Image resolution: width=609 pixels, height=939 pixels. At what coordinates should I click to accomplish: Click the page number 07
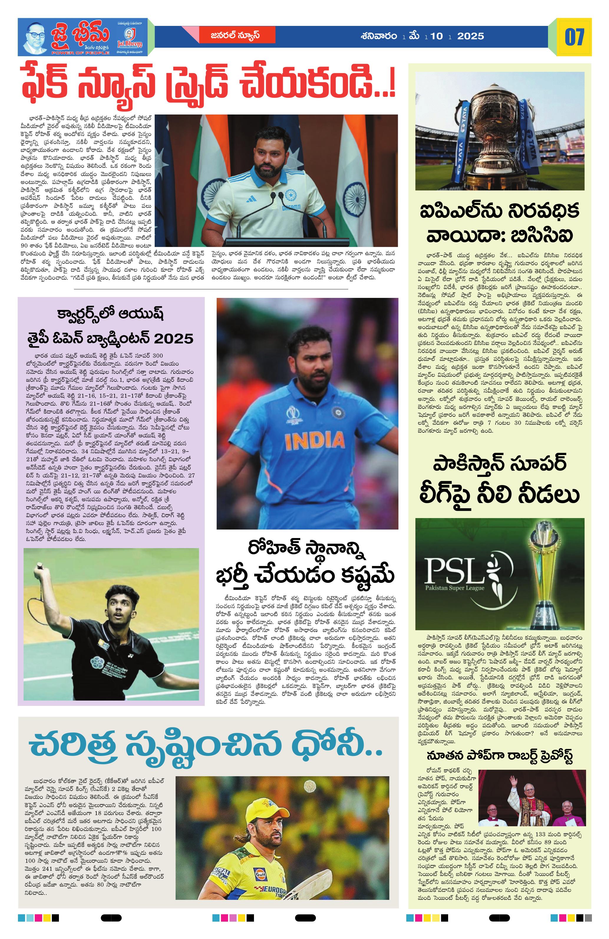point(574,37)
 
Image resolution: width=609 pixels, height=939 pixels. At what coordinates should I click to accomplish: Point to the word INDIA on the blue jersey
point(314,441)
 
